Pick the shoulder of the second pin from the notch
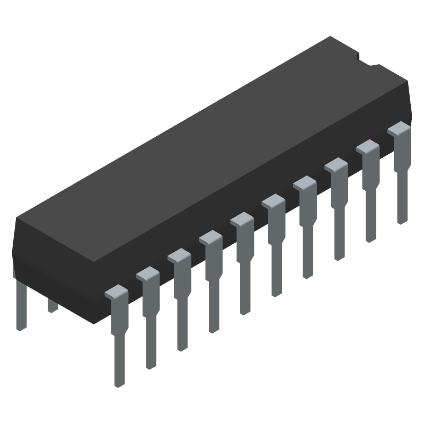[x=367, y=147]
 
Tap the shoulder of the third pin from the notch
[x=336, y=165]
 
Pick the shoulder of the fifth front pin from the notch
[x=273, y=202]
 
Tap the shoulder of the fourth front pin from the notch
[x=304, y=184]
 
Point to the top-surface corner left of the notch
[x=331, y=37]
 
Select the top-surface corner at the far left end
[x=17, y=218]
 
